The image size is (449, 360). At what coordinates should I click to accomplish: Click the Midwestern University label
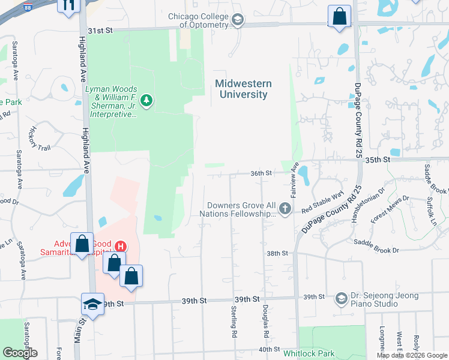click(x=243, y=89)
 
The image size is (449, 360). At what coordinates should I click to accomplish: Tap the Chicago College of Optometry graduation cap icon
click(x=238, y=21)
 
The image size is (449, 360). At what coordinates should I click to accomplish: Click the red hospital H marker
click(x=120, y=247)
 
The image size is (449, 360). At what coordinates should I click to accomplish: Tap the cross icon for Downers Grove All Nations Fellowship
click(x=285, y=209)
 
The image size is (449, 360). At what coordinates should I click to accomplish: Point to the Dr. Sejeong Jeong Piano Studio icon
click(x=341, y=298)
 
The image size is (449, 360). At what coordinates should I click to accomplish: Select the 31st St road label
click(x=100, y=29)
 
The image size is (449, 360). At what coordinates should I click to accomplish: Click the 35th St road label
click(x=378, y=160)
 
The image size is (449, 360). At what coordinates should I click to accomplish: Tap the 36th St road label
click(x=261, y=173)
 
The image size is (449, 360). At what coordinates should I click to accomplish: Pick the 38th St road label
click(x=277, y=253)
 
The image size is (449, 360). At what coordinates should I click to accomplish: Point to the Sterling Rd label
click(x=234, y=321)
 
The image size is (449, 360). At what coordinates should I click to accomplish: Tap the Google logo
click(x=20, y=352)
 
